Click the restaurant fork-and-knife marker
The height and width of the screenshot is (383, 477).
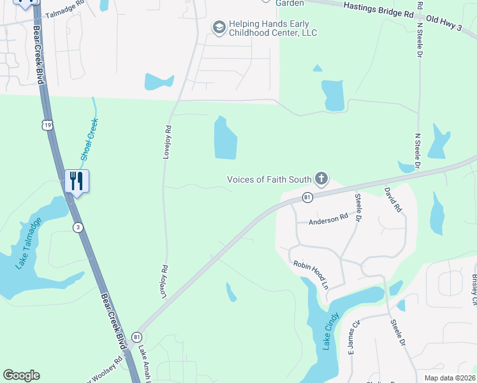click(x=77, y=181)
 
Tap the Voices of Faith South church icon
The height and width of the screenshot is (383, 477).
click(x=321, y=179)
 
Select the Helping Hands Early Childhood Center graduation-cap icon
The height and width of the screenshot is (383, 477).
click(x=219, y=27)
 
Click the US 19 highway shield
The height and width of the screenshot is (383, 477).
click(x=47, y=125)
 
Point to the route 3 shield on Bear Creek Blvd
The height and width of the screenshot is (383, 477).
click(x=77, y=227)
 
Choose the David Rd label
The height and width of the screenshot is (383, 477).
click(x=393, y=199)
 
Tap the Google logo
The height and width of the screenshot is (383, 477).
click(x=21, y=375)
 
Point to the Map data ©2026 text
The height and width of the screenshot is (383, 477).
click(x=449, y=378)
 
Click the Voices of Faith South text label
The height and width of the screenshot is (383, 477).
click(x=269, y=179)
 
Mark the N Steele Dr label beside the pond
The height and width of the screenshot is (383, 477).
click(x=419, y=150)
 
